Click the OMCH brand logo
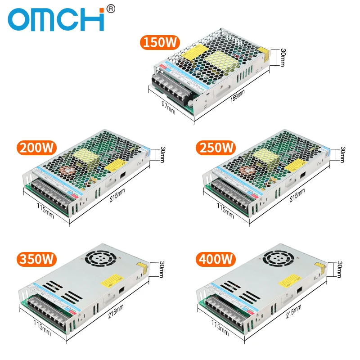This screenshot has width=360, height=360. [x=56, y=20]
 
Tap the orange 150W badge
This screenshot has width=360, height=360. [x=160, y=43]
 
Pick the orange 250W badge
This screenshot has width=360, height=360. [x=216, y=148]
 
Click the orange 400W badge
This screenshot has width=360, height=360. [x=216, y=259]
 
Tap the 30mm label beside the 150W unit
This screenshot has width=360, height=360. [x=283, y=57]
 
